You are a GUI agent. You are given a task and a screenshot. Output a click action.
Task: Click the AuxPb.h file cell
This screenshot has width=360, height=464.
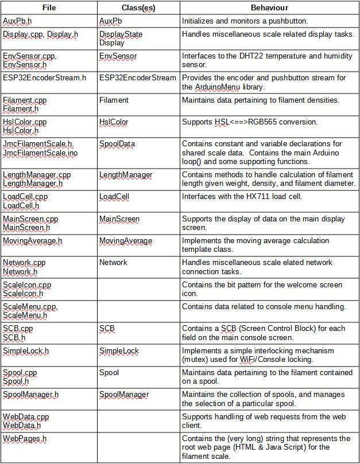click(x=17, y=21)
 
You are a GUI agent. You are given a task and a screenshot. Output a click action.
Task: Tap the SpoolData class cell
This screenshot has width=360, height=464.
click(x=117, y=144)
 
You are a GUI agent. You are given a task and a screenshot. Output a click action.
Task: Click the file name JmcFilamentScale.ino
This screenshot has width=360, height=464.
click(x=38, y=153)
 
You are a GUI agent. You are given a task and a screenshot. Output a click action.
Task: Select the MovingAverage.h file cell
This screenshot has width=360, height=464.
click(x=33, y=241)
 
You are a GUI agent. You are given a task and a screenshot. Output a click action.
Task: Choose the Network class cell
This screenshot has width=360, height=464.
click(x=113, y=263)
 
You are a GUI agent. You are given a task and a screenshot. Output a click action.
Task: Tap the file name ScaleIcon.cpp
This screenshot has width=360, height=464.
click(x=27, y=285)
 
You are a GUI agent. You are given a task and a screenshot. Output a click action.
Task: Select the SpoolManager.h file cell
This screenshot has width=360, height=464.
click(x=30, y=395)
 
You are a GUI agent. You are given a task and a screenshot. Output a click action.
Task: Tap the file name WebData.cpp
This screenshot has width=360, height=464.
click(x=26, y=417)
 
